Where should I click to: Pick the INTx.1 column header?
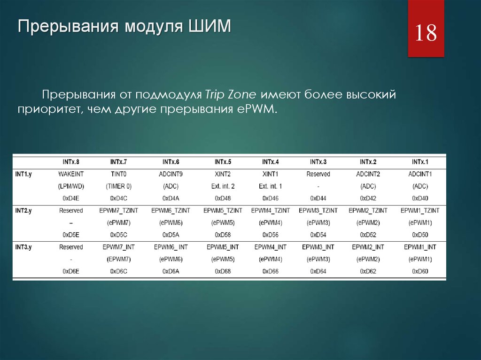(x=420, y=162)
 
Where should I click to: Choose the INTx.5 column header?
(x=223, y=162)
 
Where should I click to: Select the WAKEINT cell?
(x=71, y=174)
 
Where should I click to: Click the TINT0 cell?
(x=118, y=174)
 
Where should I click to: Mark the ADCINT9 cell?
(x=171, y=174)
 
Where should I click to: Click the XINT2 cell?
(x=223, y=174)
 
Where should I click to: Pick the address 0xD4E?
(x=71, y=199)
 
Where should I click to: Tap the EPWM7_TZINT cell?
(x=118, y=211)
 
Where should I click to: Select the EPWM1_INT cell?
(x=420, y=247)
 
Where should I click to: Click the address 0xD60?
(x=420, y=271)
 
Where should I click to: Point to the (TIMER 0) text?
(x=118, y=186)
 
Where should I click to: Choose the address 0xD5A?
(x=171, y=235)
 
